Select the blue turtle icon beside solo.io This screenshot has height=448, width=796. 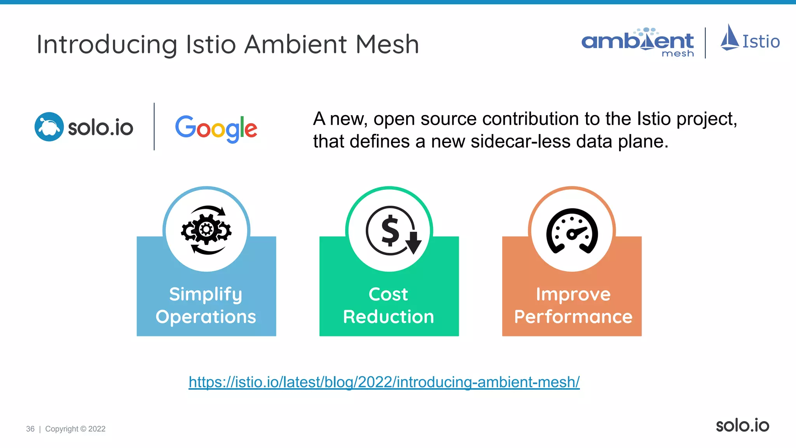[49, 127]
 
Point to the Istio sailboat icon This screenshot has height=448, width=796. [730, 38]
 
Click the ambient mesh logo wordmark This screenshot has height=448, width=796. [637, 42]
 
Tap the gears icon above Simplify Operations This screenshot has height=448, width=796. [206, 230]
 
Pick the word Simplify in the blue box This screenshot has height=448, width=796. [206, 294]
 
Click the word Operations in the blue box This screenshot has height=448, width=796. [206, 317]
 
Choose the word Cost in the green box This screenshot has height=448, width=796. [388, 294]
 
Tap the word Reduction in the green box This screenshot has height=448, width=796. [388, 317]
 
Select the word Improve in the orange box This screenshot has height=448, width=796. [573, 294]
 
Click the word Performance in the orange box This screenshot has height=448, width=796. [573, 317]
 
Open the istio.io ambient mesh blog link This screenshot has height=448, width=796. [384, 382]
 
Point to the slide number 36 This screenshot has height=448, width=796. [30, 429]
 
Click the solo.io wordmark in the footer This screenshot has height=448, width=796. [742, 425]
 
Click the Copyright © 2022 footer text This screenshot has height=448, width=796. [75, 429]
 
